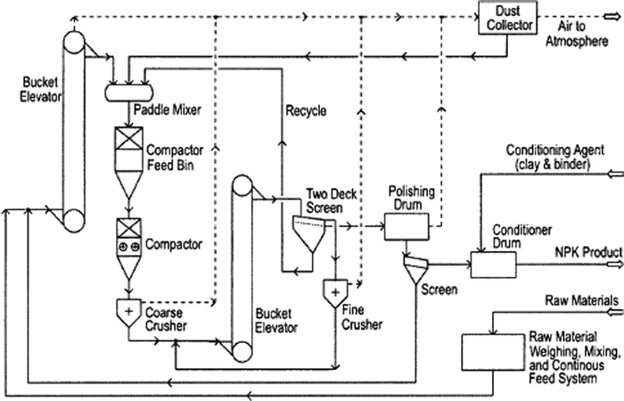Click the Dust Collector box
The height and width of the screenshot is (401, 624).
506,18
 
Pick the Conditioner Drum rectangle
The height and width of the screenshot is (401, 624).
500,264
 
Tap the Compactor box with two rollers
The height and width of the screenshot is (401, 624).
130,244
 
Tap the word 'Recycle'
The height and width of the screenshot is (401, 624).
306,111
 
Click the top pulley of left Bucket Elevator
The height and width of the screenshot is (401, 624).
73,40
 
